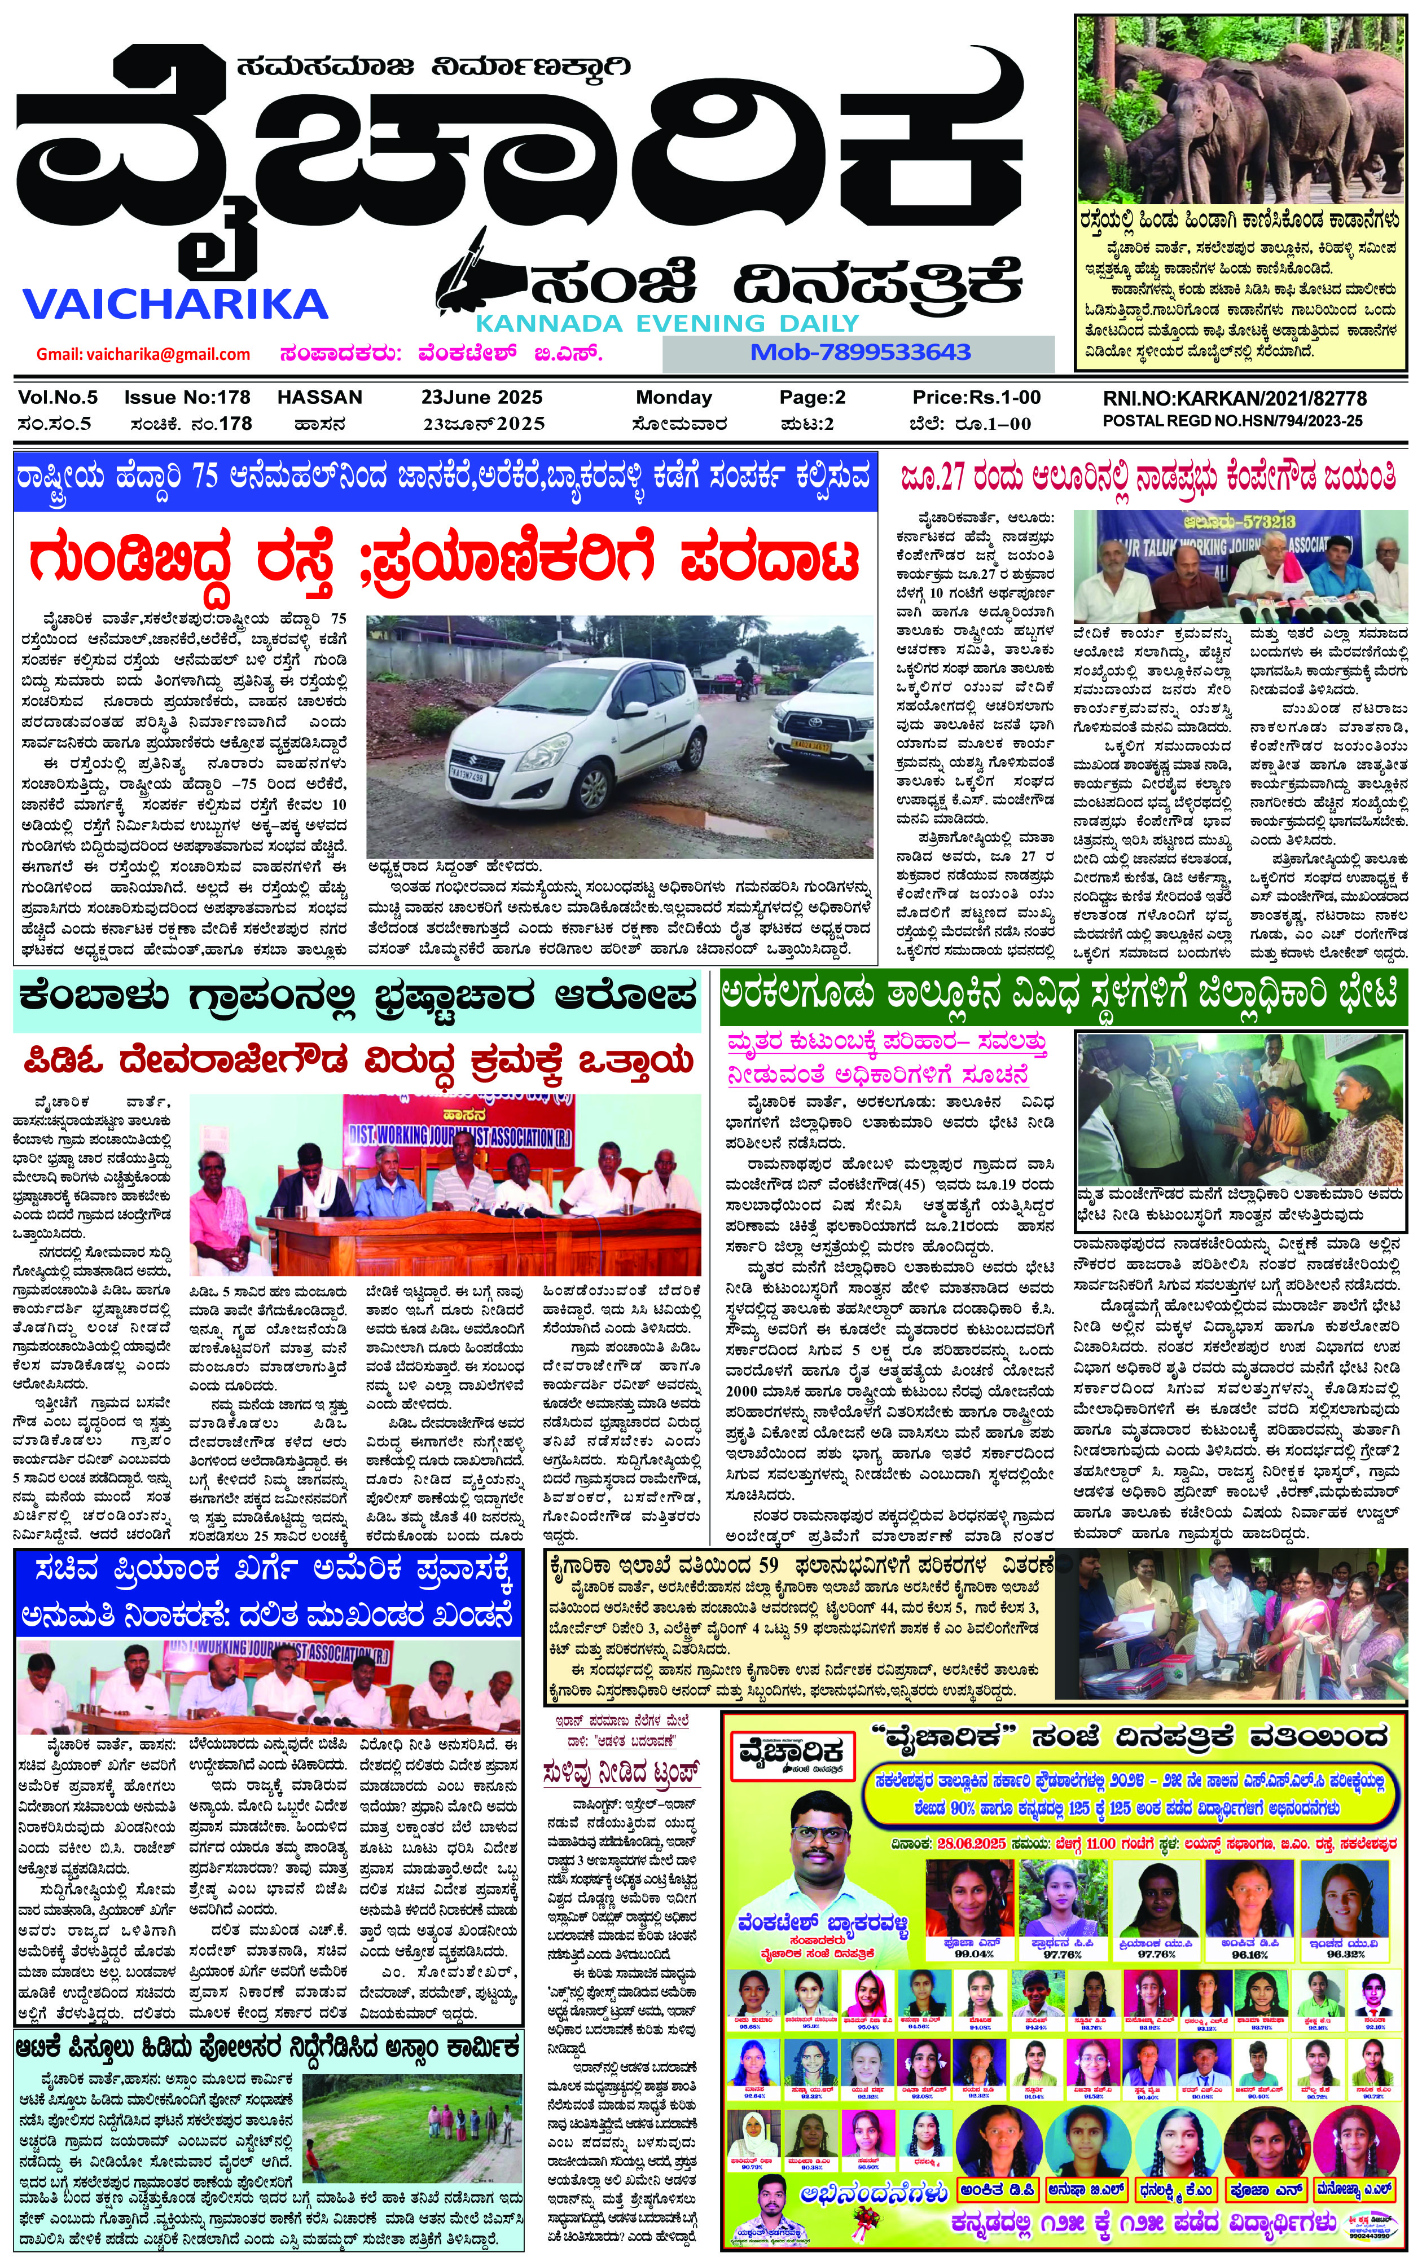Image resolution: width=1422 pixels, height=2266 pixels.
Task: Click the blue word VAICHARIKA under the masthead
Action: (174, 303)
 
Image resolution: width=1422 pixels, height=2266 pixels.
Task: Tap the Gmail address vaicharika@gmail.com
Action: (143, 354)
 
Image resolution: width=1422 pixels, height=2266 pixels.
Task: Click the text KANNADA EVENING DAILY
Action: (667, 323)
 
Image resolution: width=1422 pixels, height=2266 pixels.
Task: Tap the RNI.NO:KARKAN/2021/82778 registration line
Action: (1235, 399)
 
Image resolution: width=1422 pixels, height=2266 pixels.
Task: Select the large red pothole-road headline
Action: (444, 560)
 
